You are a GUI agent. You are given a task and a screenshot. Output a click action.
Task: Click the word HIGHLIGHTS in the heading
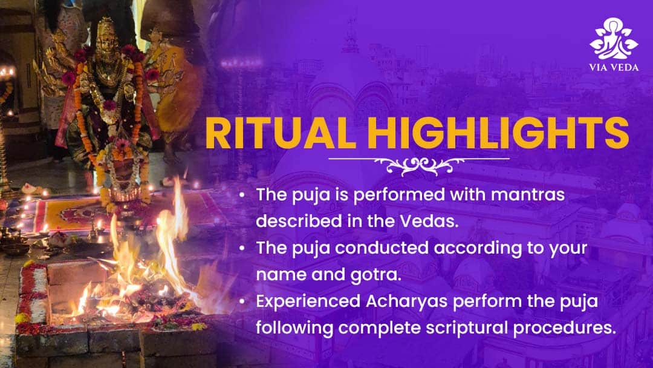(498, 133)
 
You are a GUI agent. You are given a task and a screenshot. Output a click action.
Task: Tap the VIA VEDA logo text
(614, 67)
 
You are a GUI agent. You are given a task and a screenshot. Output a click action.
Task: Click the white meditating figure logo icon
(614, 38)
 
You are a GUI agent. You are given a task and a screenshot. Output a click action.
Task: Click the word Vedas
(429, 222)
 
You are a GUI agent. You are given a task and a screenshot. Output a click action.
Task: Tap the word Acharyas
(406, 301)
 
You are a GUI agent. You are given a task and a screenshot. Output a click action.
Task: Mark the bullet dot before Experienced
(242, 302)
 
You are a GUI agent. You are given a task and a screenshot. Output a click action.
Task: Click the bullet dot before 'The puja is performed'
(242, 195)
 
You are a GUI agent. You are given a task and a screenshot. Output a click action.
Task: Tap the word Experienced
(308, 302)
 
